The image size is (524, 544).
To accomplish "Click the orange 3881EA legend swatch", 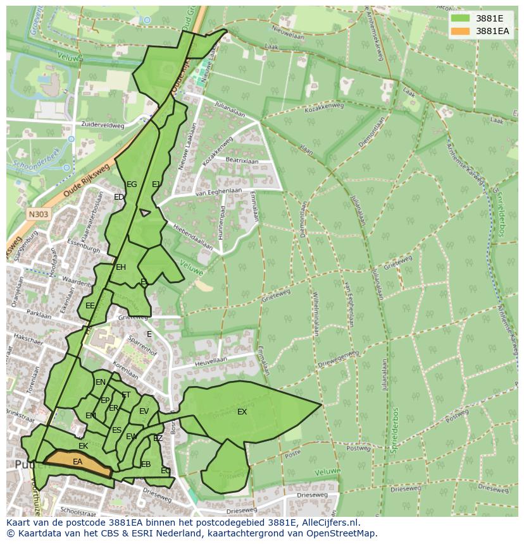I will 461,31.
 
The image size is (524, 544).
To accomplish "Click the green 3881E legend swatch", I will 461,18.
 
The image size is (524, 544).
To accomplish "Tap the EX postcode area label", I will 242,412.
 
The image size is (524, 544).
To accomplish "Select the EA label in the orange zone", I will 77,462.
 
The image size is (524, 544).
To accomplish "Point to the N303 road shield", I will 38,214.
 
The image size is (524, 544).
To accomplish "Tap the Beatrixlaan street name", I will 242,162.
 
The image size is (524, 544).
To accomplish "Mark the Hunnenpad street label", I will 223,221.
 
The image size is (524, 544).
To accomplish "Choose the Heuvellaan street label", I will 211,360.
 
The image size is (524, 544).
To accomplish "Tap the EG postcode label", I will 132,184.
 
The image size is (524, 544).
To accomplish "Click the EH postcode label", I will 121,267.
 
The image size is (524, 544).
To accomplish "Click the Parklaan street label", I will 39,313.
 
